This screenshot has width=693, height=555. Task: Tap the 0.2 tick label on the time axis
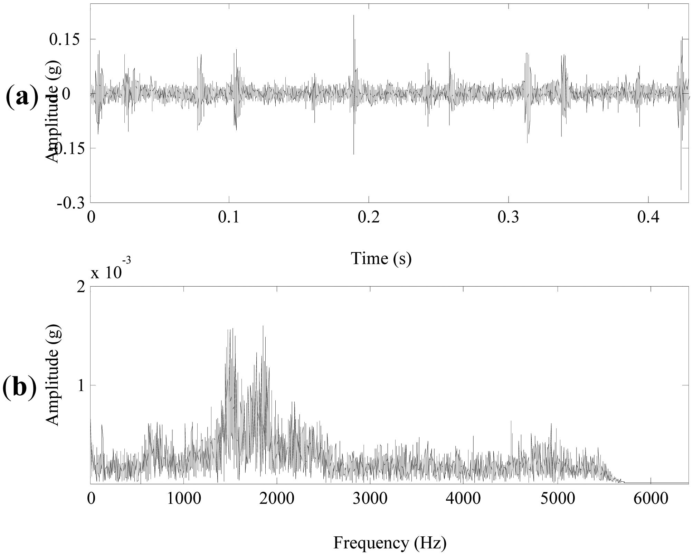[x=369, y=217]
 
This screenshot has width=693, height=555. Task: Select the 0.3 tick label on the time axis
[x=509, y=217]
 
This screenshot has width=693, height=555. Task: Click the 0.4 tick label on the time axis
[x=648, y=217]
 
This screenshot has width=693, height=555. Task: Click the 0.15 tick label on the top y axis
[x=65, y=39]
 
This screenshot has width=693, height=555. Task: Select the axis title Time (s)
[x=381, y=258]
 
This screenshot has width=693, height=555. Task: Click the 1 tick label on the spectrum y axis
[x=81, y=385]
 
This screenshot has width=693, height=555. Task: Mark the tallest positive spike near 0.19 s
[x=354, y=16]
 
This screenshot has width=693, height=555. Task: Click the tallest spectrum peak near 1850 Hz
[x=263, y=326]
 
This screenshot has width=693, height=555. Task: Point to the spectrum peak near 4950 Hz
[x=551, y=424]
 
